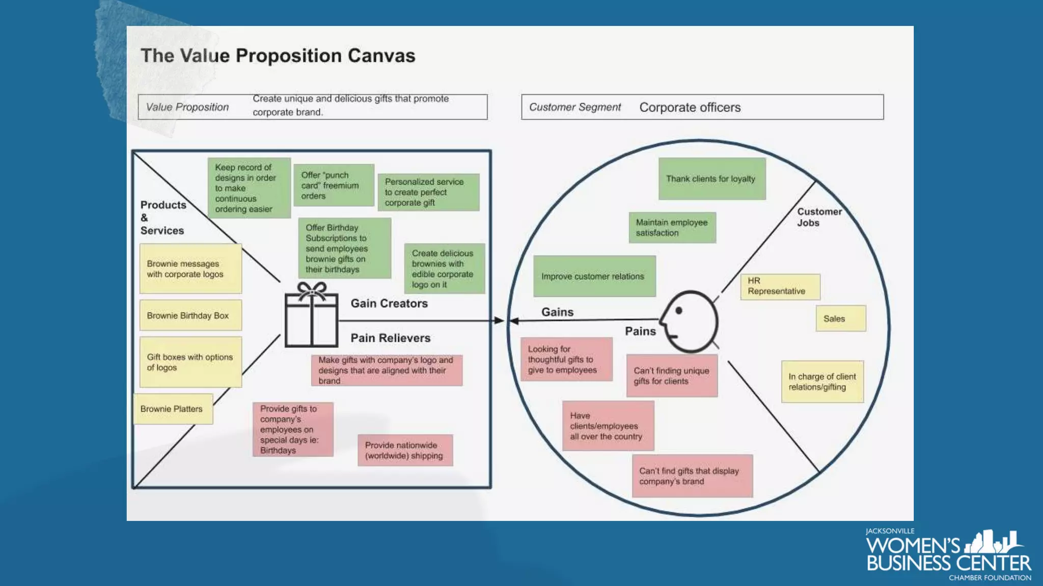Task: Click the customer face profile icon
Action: click(690, 321)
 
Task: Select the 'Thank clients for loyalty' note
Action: click(711, 179)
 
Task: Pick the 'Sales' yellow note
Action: click(840, 318)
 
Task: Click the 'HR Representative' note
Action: click(780, 286)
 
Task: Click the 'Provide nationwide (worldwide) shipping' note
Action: click(405, 450)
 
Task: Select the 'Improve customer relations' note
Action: click(594, 276)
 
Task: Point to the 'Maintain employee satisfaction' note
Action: click(672, 227)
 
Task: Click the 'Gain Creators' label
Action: click(389, 303)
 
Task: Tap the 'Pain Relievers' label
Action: click(390, 338)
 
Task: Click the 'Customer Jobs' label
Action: click(819, 217)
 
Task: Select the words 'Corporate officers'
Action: click(690, 107)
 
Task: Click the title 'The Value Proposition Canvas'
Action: click(278, 55)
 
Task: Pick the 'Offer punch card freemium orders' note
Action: click(334, 185)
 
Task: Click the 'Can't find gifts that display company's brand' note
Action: click(692, 476)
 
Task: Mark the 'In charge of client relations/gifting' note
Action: click(822, 382)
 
